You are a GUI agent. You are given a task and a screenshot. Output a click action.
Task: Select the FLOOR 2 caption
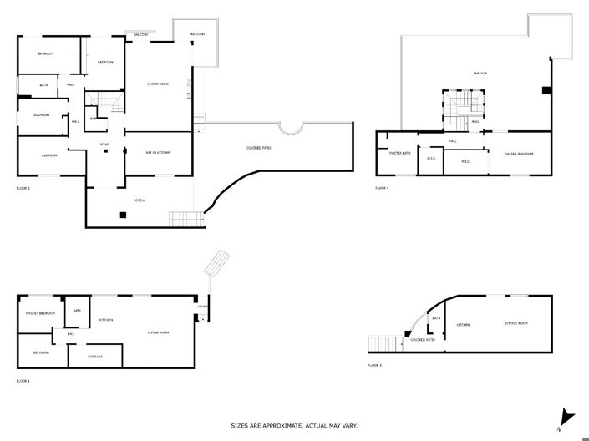point(23,189)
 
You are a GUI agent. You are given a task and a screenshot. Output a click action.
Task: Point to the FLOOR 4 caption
point(382,189)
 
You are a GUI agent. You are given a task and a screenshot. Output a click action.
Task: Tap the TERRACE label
point(480,73)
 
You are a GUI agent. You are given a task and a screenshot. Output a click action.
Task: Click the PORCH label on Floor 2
point(140,200)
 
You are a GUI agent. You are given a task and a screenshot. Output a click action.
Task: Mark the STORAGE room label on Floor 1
point(95,357)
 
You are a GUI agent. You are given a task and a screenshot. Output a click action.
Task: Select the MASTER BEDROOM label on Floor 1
point(40,313)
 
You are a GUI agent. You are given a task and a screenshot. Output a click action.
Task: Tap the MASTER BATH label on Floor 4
point(394,154)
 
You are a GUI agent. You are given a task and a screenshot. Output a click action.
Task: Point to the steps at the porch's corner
point(185,219)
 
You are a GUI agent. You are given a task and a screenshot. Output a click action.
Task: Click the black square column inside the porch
point(123,215)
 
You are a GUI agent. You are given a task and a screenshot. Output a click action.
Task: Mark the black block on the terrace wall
point(546,90)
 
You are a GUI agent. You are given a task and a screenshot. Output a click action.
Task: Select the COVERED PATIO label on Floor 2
point(260,148)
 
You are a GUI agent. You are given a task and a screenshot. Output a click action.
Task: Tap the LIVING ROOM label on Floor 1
point(159,332)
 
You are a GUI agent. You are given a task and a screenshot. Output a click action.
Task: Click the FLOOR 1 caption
point(23,381)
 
